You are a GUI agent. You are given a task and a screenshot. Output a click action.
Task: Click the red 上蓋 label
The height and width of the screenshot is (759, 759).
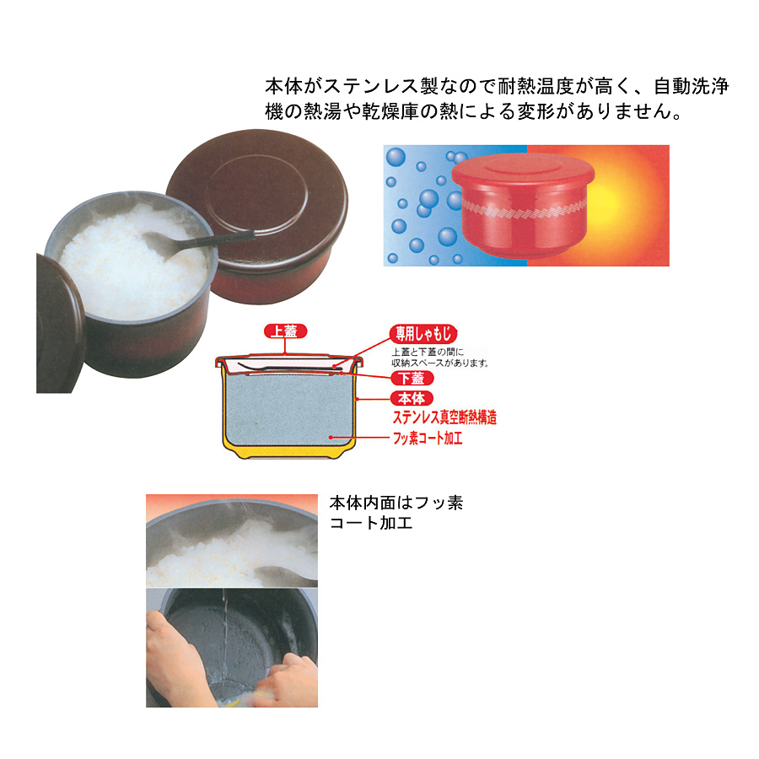point(285,331)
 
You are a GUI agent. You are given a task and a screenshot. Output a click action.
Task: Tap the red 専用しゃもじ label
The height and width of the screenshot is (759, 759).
point(423,333)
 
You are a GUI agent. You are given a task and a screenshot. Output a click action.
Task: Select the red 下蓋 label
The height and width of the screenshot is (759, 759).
point(412,378)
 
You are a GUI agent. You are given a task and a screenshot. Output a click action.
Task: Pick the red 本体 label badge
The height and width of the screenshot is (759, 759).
point(412,398)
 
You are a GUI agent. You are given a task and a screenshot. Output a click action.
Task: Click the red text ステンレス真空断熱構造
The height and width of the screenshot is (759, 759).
point(444,417)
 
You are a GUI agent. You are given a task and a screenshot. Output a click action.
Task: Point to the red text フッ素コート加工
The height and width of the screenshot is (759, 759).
point(428,438)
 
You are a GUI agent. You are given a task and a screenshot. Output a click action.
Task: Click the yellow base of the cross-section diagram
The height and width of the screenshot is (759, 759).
point(289,450)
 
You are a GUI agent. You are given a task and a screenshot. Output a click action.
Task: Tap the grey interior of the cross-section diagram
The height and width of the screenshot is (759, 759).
point(289,409)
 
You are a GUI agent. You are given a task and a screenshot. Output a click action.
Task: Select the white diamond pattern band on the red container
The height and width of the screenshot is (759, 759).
point(524,210)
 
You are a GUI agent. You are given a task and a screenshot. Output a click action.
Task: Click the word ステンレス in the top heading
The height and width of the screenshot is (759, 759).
point(370,87)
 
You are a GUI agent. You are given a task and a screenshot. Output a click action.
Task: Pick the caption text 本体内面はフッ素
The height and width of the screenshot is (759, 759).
point(396,503)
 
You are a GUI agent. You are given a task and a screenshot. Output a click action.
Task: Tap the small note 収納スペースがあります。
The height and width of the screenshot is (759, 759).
point(440,363)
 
